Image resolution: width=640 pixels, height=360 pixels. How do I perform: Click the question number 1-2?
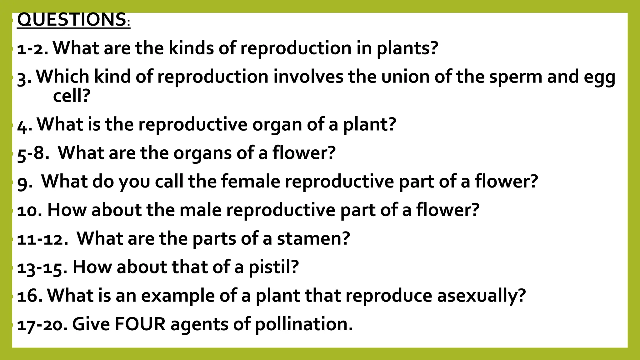click(x=32, y=49)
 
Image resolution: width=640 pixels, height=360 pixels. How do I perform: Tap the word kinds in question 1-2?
click(x=191, y=48)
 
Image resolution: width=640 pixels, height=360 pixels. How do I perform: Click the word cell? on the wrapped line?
click(x=72, y=96)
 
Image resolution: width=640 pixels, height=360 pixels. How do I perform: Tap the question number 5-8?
click(x=33, y=153)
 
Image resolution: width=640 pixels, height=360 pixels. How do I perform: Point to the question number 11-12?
click(x=42, y=239)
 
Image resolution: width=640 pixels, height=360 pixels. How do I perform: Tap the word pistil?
click(x=273, y=267)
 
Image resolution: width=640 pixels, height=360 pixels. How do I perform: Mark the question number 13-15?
click(x=42, y=268)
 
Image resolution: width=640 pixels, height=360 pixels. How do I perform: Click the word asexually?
click(x=481, y=296)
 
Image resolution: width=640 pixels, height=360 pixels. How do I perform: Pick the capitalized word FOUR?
click(x=140, y=324)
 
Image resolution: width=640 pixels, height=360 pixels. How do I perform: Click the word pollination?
click(x=304, y=324)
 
